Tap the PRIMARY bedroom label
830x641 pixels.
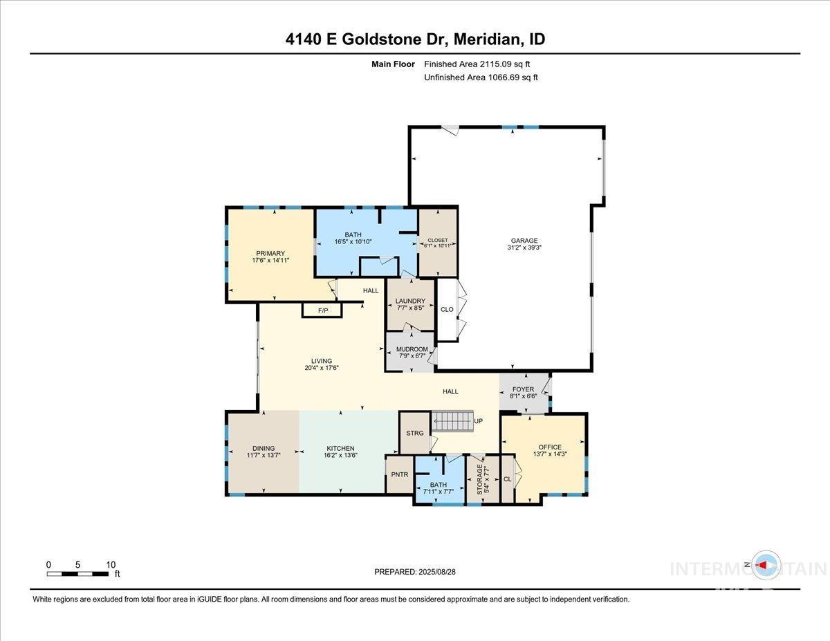[x=270, y=254]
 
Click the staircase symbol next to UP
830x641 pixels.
[x=451, y=420]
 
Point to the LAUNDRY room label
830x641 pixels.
[x=410, y=301]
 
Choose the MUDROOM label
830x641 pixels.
[x=412, y=349]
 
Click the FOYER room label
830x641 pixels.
[x=524, y=389]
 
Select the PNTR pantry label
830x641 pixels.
[x=400, y=474]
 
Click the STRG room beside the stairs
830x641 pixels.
[x=414, y=434]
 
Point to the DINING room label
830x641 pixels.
[x=264, y=448]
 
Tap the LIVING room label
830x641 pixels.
[x=322, y=361]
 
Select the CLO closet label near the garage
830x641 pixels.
[x=447, y=309]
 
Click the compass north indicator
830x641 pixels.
[x=766, y=565]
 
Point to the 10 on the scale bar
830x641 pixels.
[x=111, y=564]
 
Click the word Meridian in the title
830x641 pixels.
[x=490, y=39]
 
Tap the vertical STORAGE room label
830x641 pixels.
[x=479, y=478]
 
